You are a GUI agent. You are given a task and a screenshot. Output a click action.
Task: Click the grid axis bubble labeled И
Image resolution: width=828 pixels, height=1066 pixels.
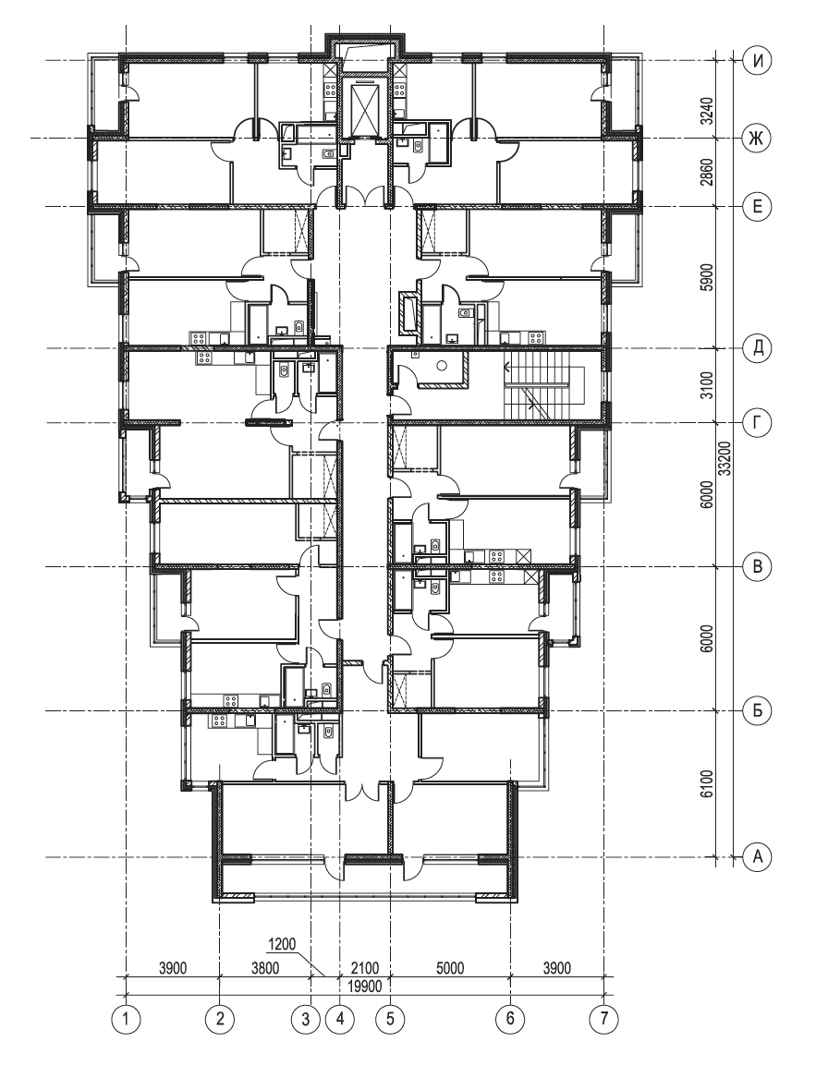(x=757, y=61)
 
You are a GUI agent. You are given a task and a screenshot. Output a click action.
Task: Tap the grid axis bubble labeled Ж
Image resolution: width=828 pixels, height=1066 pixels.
(x=757, y=139)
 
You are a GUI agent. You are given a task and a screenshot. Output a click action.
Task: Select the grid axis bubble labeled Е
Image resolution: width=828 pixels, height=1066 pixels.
(x=757, y=207)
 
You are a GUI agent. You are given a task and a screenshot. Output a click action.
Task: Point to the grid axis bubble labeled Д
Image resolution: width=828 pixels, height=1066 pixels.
(x=757, y=348)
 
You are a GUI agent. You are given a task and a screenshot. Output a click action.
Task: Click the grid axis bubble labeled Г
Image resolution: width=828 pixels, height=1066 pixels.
(x=757, y=423)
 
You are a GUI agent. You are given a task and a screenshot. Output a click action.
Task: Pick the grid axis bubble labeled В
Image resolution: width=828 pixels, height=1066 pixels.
(x=757, y=566)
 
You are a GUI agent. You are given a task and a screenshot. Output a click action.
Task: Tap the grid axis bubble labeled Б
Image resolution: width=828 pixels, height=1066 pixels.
(x=757, y=711)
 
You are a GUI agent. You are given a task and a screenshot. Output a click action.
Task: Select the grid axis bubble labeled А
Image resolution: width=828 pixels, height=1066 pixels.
(x=757, y=856)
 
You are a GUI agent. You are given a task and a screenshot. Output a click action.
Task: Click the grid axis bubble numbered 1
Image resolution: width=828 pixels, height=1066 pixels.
(x=126, y=1018)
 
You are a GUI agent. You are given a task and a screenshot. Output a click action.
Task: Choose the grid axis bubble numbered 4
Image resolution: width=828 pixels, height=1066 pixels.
(x=339, y=1018)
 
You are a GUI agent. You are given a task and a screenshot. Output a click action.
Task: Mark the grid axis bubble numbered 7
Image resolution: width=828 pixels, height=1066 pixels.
(x=604, y=1018)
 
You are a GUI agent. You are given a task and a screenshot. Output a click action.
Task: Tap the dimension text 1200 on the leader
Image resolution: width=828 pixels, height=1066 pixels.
(x=282, y=944)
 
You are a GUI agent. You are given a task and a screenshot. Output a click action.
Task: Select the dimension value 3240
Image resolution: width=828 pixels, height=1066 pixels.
(x=708, y=111)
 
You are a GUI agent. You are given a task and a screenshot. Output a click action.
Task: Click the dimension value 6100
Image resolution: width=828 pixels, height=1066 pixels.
(x=708, y=784)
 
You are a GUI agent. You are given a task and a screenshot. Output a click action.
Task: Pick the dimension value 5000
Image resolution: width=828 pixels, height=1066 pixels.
(x=450, y=967)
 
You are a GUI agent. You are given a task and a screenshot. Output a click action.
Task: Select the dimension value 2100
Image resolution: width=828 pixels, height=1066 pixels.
(x=365, y=967)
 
